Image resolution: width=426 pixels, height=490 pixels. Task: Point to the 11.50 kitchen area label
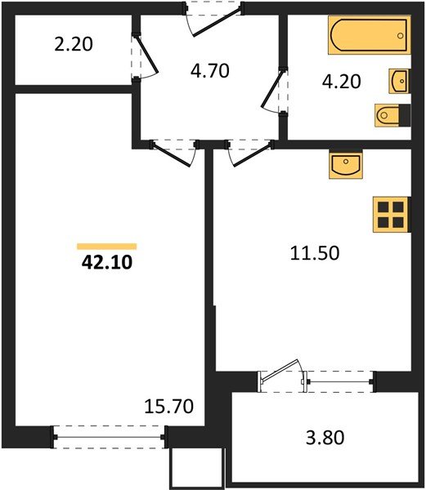[x=314, y=252]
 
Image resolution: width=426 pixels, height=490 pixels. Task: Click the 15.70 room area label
[x=167, y=406]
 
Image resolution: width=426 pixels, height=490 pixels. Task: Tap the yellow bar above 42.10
[x=106, y=245]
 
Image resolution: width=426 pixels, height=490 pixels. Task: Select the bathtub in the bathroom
[x=367, y=34]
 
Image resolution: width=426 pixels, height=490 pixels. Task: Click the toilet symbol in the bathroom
[x=389, y=117]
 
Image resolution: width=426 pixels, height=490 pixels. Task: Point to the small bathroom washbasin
[x=399, y=81]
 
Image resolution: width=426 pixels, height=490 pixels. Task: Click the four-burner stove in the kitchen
[x=389, y=215]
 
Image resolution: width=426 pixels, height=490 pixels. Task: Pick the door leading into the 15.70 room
[x=174, y=150]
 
